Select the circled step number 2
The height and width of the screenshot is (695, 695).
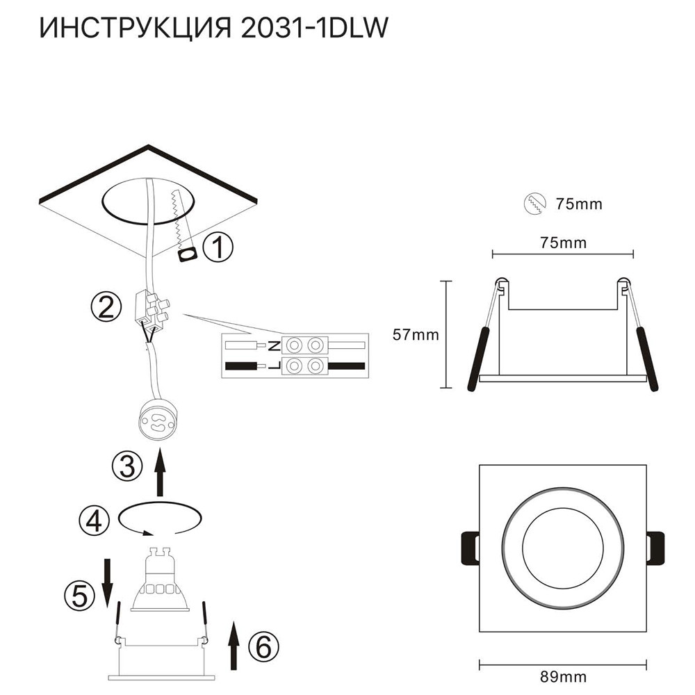(x=105, y=306)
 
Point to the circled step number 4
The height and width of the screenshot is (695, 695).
(x=93, y=518)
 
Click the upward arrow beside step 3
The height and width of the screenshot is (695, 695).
(x=161, y=472)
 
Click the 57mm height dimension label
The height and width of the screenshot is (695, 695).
(x=416, y=335)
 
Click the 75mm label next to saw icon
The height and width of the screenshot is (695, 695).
(x=578, y=204)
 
